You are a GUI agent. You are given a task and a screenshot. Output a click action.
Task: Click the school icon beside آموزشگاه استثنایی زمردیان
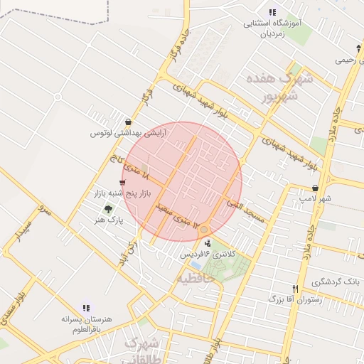click(272, 12)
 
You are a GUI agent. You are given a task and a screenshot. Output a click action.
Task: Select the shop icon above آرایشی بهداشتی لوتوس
click(128, 122)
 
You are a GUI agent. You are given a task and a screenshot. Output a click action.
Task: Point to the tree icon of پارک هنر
click(108, 209)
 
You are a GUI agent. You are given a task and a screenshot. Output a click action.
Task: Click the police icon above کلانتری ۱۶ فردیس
click(208, 244)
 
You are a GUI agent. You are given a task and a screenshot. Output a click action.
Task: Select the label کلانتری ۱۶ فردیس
click(207, 255)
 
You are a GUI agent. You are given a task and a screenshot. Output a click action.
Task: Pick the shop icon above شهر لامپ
click(315, 188)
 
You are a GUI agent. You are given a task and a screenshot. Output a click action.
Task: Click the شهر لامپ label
click(315, 198)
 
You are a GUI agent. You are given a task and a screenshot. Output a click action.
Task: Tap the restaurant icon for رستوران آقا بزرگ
click(295, 289)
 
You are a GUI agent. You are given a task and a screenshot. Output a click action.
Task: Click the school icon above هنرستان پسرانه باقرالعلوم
click(86, 309)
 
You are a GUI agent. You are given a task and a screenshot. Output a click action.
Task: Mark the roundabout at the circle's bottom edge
click(204, 229)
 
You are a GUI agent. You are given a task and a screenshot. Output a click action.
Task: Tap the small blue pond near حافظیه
click(196, 265)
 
